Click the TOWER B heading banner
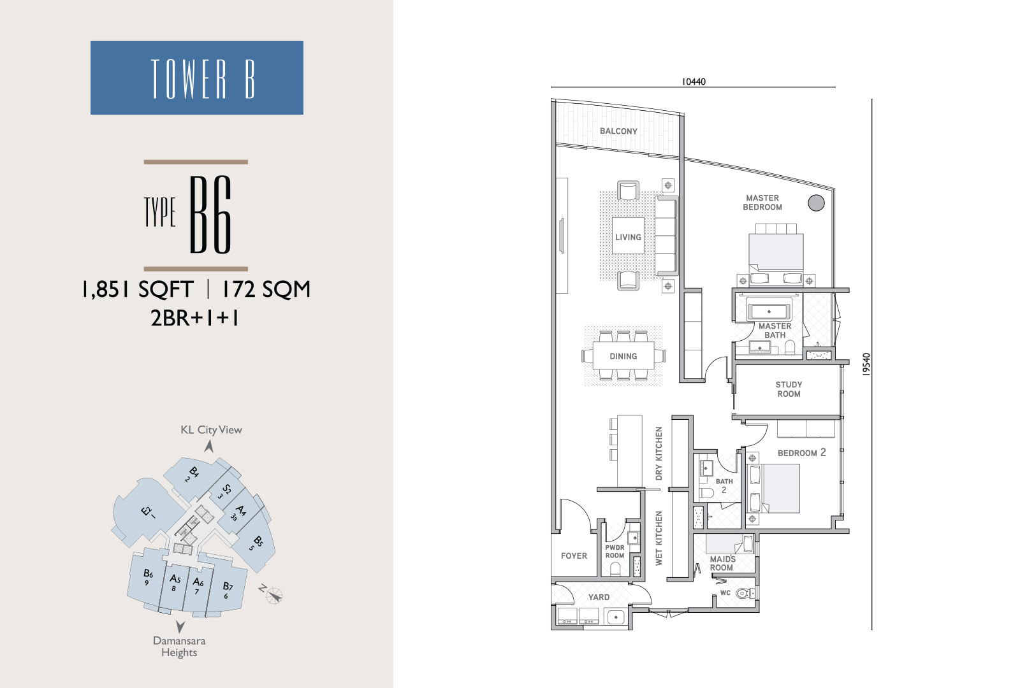click(x=197, y=77)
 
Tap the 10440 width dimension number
click(x=694, y=82)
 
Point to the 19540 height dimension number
click(x=866, y=364)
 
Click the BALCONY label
click(x=618, y=131)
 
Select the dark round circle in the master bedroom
click(x=816, y=203)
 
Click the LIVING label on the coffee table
click(x=628, y=237)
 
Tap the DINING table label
click(x=623, y=356)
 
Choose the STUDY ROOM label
click(x=789, y=389)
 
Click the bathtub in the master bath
click(x=769, y=312)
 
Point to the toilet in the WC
click(x=745, y=593)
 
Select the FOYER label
click(x=574, y=555)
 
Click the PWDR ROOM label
click(x=615, y=552)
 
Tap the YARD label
click(x=599, y=597)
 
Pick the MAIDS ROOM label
click(x=722, y=563)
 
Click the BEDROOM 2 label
click(x=801, y=453)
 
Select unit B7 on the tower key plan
click(x=227, y=590)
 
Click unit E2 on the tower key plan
click(x=147, y=512)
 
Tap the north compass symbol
click(x=273, y=594)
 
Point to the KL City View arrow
click(x=208, y=447)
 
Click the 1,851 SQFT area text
click(x=138, y=289)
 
